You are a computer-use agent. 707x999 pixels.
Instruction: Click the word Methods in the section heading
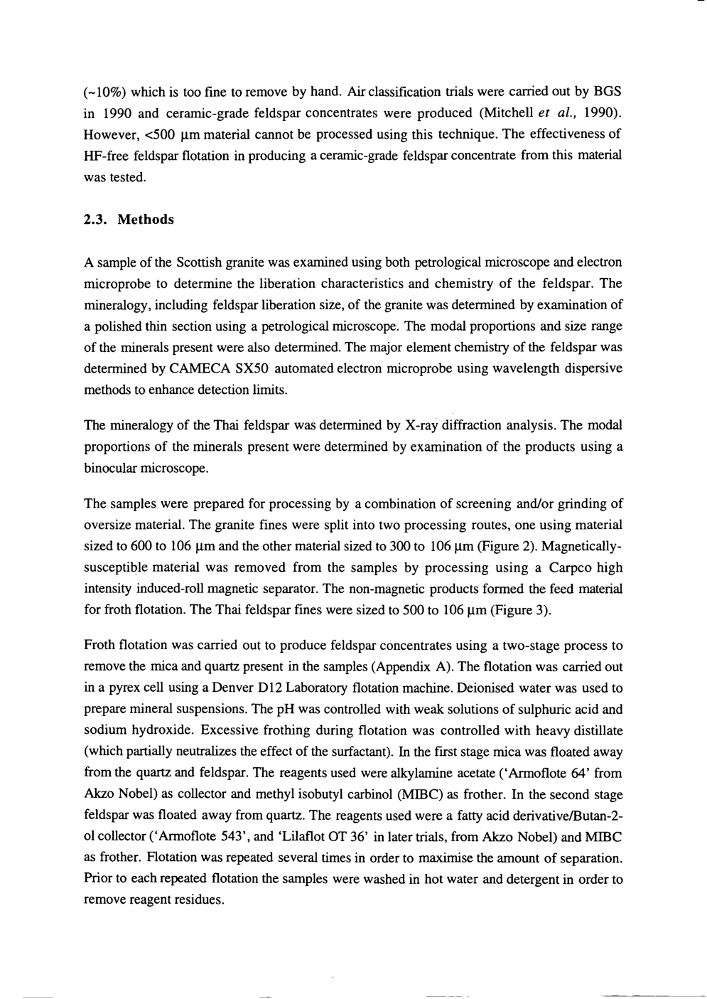click(x=146, y=220)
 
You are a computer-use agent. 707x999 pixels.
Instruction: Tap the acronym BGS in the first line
click(x=608, y=92)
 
